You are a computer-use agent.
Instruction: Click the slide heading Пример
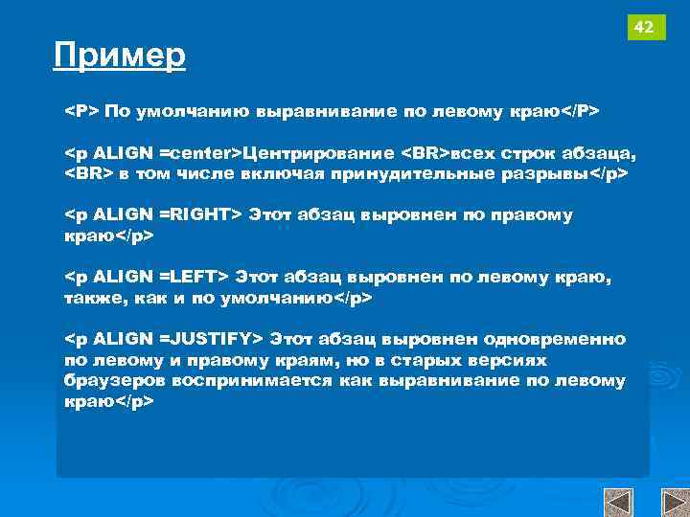click(120, 56)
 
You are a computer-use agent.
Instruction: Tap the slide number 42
click(645, 28)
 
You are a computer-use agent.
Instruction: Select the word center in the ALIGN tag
click(202, 153)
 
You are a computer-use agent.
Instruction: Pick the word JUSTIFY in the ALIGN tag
click(210, 339)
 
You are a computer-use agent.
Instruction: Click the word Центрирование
click(318, 153)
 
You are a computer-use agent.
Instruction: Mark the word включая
click(288, 174)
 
